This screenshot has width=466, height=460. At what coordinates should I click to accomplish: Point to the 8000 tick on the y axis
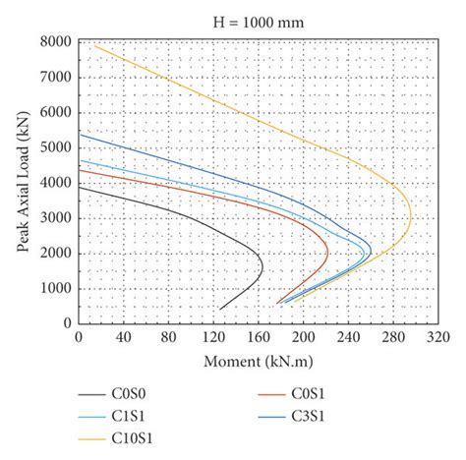[x=54, y=42]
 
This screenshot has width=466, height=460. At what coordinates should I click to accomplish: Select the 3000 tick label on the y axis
[x=54, y=218]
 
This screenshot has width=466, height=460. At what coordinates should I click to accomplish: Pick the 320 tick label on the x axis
[x=438, y=337]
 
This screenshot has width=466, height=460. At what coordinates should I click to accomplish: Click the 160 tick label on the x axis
[x=259, y=337]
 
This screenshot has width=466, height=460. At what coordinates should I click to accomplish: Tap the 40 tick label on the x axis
[x=124, y=337]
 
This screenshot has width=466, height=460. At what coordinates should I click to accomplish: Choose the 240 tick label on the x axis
[x=349, y=337]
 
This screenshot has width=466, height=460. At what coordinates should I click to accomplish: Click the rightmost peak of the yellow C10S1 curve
[x=412, y=218]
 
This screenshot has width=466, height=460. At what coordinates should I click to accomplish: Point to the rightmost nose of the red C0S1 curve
[x=328, y=255]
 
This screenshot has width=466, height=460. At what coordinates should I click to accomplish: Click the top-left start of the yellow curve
[x=94, y=45]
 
